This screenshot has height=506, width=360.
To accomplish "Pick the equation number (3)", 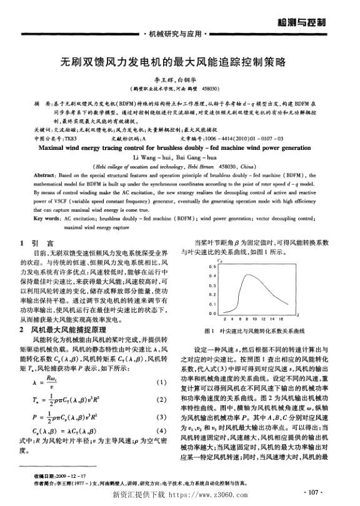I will (162, 416).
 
